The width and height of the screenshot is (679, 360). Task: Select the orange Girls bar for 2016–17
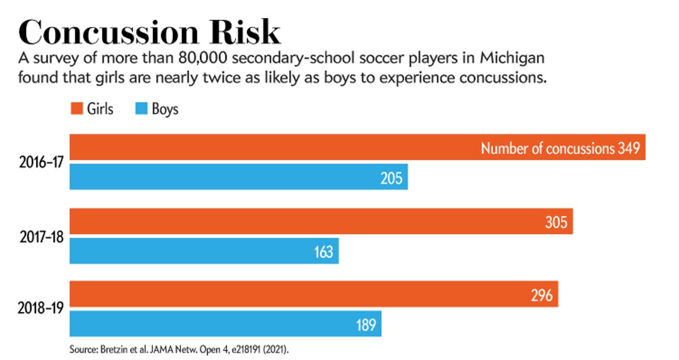click(x=272, y=147)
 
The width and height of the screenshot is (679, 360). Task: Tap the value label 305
click(x=556, y=222)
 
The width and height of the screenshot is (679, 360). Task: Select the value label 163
click(x=323, y=252)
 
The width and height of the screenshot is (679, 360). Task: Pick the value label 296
click(x=541, y=295)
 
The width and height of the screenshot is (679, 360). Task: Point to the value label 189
click(x=366, y=325)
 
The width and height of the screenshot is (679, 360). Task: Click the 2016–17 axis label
click(x=41, y=162)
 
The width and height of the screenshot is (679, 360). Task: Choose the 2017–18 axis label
click(x=41, y=236)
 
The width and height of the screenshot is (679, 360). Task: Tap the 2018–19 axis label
click(x=41, y=309)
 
